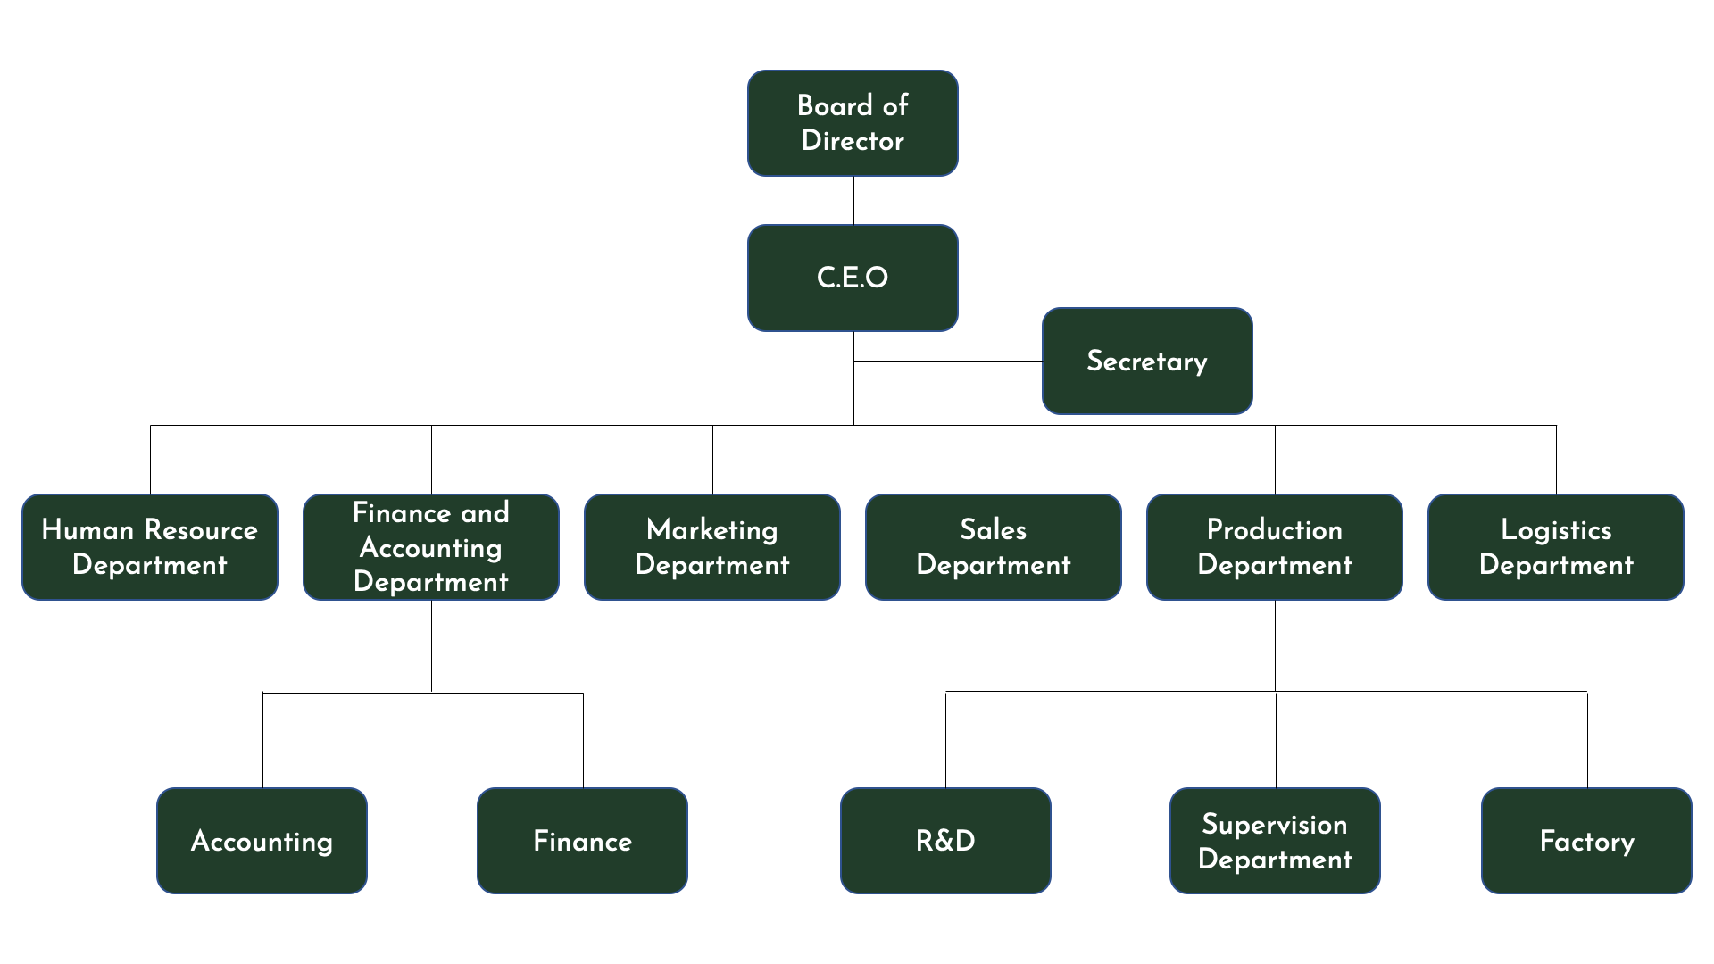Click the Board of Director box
pyautogui.click(x=853, y=123)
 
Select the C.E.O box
pyautogui.click(x=853, y=278)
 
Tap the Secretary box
pyautogui.click(x=1147, y=361)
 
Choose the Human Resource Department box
pyautogui.click(x=150, y=547)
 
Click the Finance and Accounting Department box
pyautogui.click(x=431, y=547)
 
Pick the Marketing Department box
pyautogui.click(x=712, y=547)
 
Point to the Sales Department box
pyautogui.click(x=994, y=547)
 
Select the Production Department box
pyautogui.click(x=1275, y=547)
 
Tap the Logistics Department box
pyautogui.click(x=1556, y=547)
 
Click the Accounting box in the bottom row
pyautogui.click(x=262, y=841)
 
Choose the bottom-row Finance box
pyautogui.click(x=582, y=841)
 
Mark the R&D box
pyautogui.click(x=945, y=841)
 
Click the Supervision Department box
pyautogui.click(x=1275, y=841)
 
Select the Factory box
pyautogui.click(x=1586, y=841)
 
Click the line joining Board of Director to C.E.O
pyautogui.click(x=853, y=201)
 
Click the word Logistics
pyautogui.click(x=1556, y=530)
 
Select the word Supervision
pyautogui.click(x=1275, y=824)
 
